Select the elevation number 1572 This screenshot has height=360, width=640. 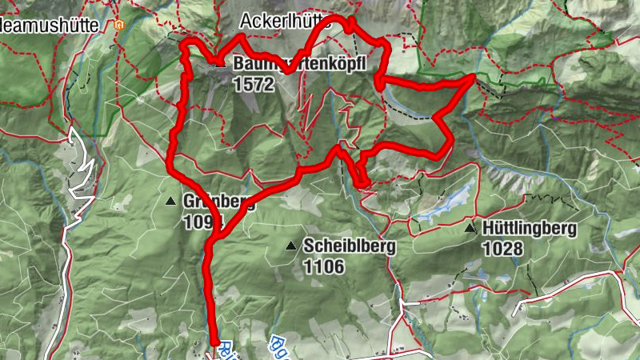tap(255, 82)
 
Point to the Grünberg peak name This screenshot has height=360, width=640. tap(218, 202)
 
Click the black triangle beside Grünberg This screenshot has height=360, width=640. tap(170, 202)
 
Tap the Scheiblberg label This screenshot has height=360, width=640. tap(349, 247)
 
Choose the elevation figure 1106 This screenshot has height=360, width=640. tap(323, 266)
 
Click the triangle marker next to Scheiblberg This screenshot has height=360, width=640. tap(290, 246)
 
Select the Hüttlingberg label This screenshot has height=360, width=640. tap(529, 229)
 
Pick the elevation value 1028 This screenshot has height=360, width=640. tap(502, 249)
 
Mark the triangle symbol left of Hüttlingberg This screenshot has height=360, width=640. tap(470, 229)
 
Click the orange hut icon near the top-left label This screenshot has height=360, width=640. tap(119, 25)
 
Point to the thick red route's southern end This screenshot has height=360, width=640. tap(215, 344)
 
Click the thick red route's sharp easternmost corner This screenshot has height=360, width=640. tap(474, 77)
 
